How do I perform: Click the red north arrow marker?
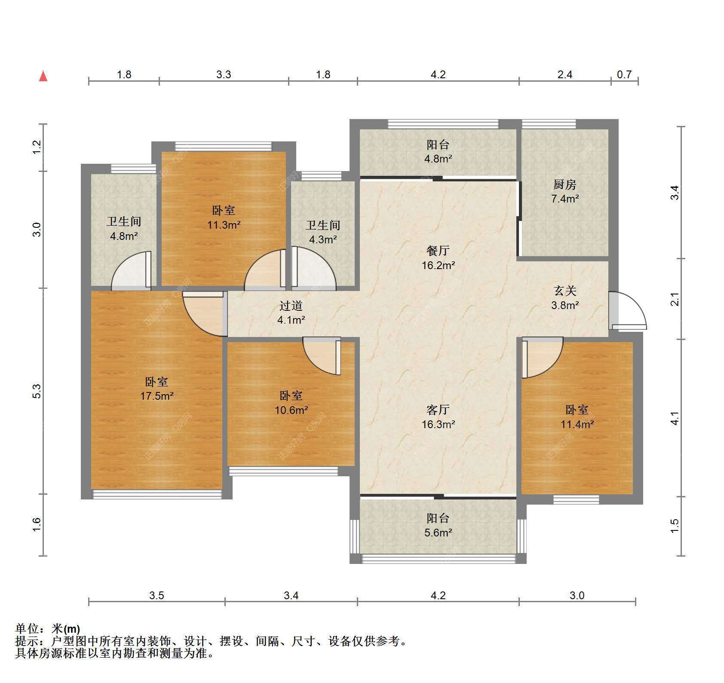coord(43,76)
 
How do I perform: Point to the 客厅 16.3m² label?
coord(438,417)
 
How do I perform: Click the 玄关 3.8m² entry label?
coord(565,298)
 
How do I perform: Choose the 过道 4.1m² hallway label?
coord(291,312)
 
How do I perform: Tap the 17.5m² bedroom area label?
coord(156,389)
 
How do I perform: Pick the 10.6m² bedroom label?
coord(291,403)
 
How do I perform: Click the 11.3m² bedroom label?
coord(224,217)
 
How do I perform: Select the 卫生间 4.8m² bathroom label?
coord(124,229)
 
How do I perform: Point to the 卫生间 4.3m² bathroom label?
coord(323,232)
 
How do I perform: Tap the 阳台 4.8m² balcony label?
coord(438,152)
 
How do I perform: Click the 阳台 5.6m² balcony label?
coord(438,525)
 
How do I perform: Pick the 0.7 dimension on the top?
coord(624,75)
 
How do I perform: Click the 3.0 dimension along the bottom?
coord(577,595)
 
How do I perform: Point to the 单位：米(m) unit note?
coord(47,629)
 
